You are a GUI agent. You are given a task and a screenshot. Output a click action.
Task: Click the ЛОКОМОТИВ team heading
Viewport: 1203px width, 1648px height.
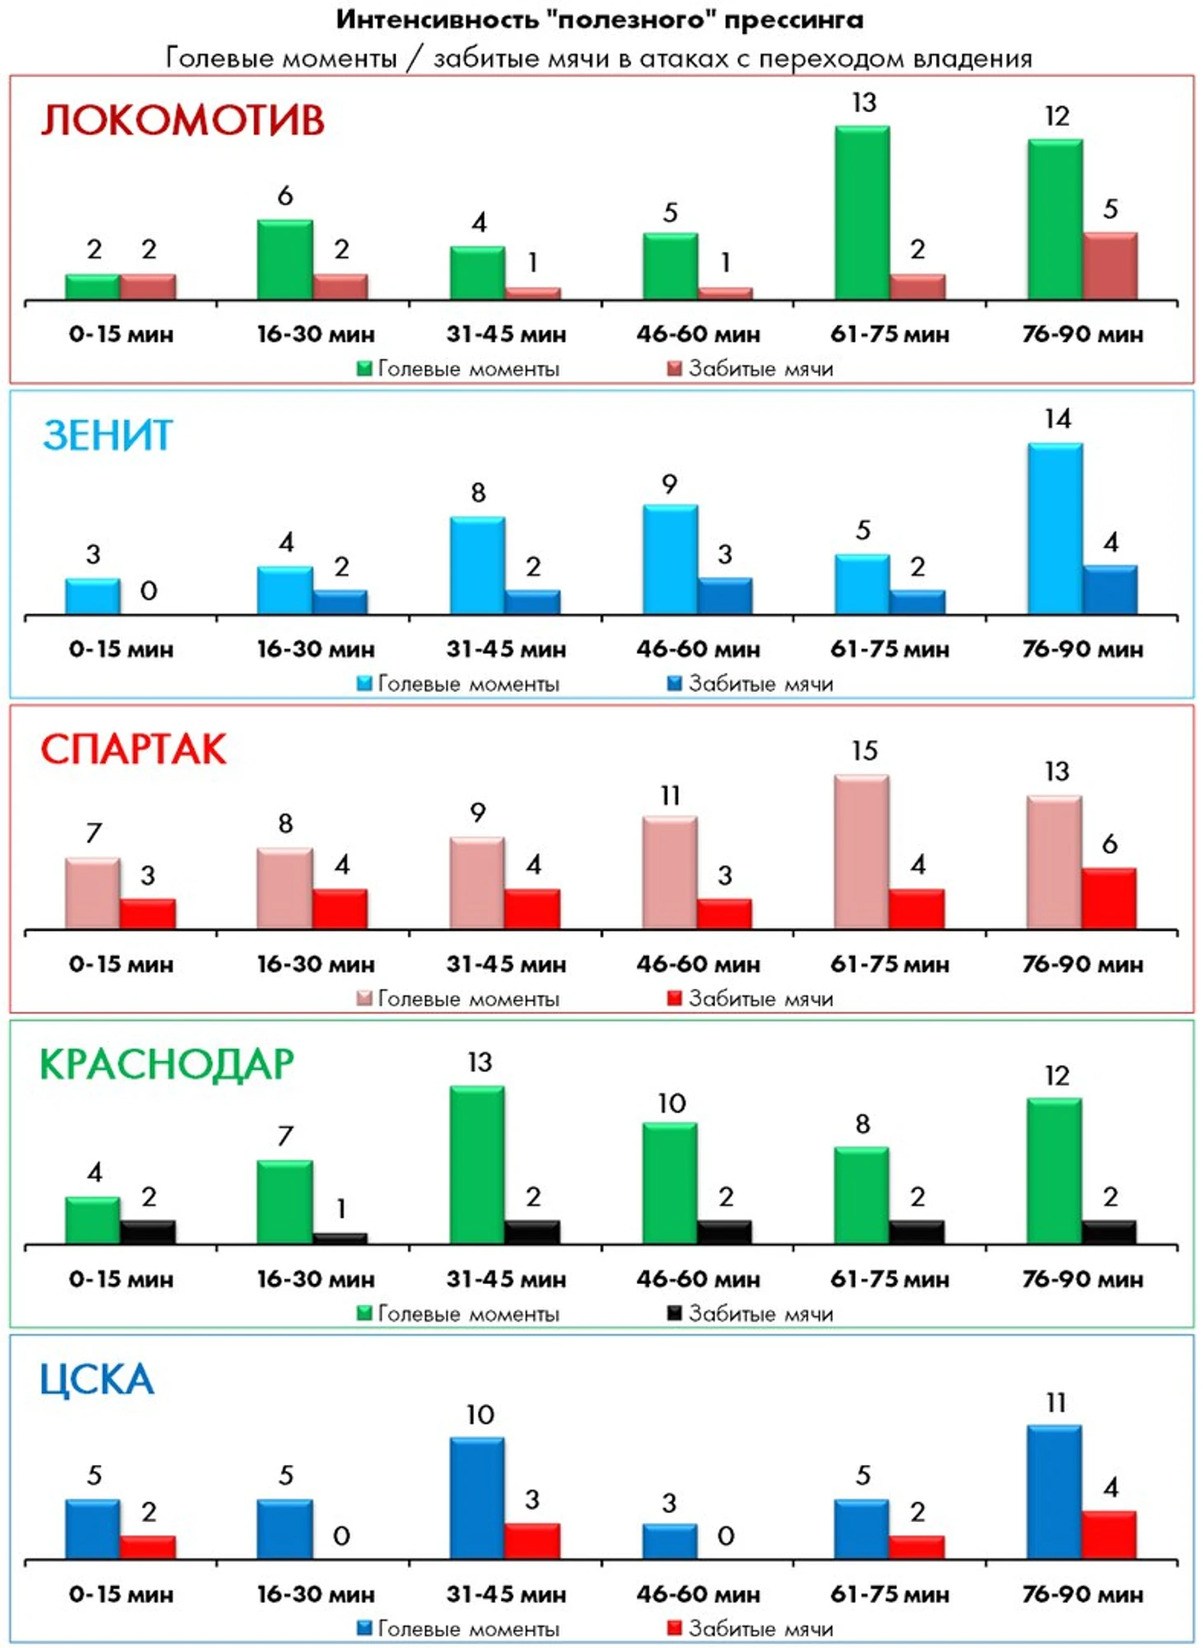coord(183,120)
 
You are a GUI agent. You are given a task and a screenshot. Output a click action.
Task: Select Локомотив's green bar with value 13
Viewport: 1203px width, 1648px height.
coord(862,212)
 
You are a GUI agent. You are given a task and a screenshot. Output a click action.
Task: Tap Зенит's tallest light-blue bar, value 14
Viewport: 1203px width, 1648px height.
coord(1055,529)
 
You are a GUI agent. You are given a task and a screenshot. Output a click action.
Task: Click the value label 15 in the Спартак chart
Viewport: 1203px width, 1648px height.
coord(864,750)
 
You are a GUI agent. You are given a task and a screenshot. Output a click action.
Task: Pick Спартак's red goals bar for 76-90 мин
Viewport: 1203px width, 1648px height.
coord(1109,898)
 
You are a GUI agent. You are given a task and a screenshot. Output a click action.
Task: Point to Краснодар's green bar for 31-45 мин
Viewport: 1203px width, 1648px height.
coord(477,1165)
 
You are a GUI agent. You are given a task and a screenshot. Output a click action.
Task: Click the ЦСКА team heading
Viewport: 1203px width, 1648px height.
coord(97,1380)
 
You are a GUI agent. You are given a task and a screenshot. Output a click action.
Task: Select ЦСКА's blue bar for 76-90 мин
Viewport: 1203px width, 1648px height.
coord(1055,1492)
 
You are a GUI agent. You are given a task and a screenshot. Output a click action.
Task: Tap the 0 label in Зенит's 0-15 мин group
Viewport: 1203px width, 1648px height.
coord(148,591)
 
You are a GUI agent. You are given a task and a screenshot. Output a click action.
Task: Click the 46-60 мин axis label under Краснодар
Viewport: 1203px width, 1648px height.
coord(698,1279)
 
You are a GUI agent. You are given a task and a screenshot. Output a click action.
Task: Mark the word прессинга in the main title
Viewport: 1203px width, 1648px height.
coord(793,20)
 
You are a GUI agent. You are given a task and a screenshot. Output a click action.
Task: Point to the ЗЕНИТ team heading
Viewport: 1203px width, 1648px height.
coord(108,435)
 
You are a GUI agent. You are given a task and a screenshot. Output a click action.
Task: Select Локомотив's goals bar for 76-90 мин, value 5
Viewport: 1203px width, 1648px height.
coord(1110,266)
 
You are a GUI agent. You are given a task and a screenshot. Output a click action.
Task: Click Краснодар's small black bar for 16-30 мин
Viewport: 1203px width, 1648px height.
coord(340,1238)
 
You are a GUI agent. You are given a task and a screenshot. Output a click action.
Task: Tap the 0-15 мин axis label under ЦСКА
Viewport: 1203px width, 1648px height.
coord(121,1594)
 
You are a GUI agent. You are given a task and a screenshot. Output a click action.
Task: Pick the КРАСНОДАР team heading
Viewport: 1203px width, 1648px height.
coord(167,1064)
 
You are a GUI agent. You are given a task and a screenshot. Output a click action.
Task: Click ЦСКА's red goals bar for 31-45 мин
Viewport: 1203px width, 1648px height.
coord(532,1541)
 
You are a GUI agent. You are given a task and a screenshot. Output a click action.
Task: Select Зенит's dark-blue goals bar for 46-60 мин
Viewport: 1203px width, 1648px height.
coord(725,596)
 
